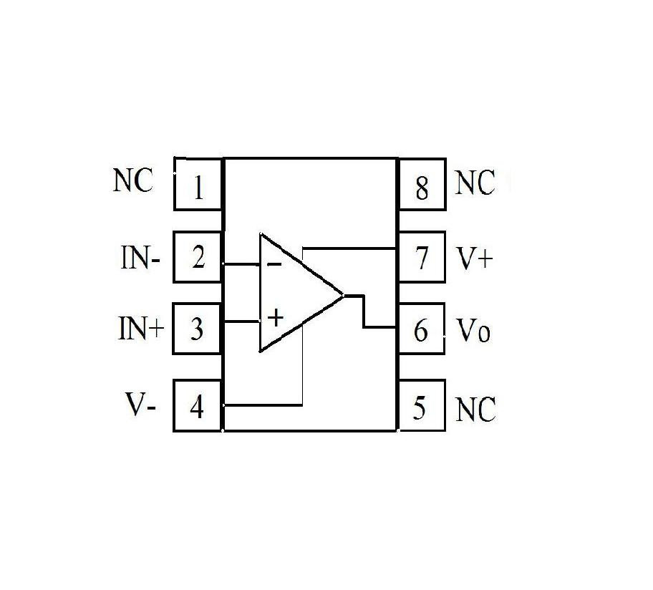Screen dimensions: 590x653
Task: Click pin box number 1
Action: (x=198, y=184)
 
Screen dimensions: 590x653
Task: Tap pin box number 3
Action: (x=198, y=329)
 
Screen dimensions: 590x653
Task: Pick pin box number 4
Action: (x=198, y=407)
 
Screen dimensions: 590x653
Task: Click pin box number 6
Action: (x=421, y=330)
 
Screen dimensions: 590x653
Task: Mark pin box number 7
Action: (x=421, y=257)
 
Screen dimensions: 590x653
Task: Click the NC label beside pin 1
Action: (x=133, y=181)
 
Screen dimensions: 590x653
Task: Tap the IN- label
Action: (x=140, y=258)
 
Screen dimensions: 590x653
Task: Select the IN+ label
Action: (x=141, y=329)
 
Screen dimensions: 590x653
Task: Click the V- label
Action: (x=141, y=406)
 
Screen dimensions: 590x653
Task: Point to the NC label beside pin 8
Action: (x=475, y=184)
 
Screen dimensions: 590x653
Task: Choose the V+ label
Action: (x=475, y=258)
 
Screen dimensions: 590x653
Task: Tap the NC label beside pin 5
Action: (x=475, y=410)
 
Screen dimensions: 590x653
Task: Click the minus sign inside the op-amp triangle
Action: (x=274, y=264)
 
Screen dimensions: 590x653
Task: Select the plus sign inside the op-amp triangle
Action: (x=275, y=316)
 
